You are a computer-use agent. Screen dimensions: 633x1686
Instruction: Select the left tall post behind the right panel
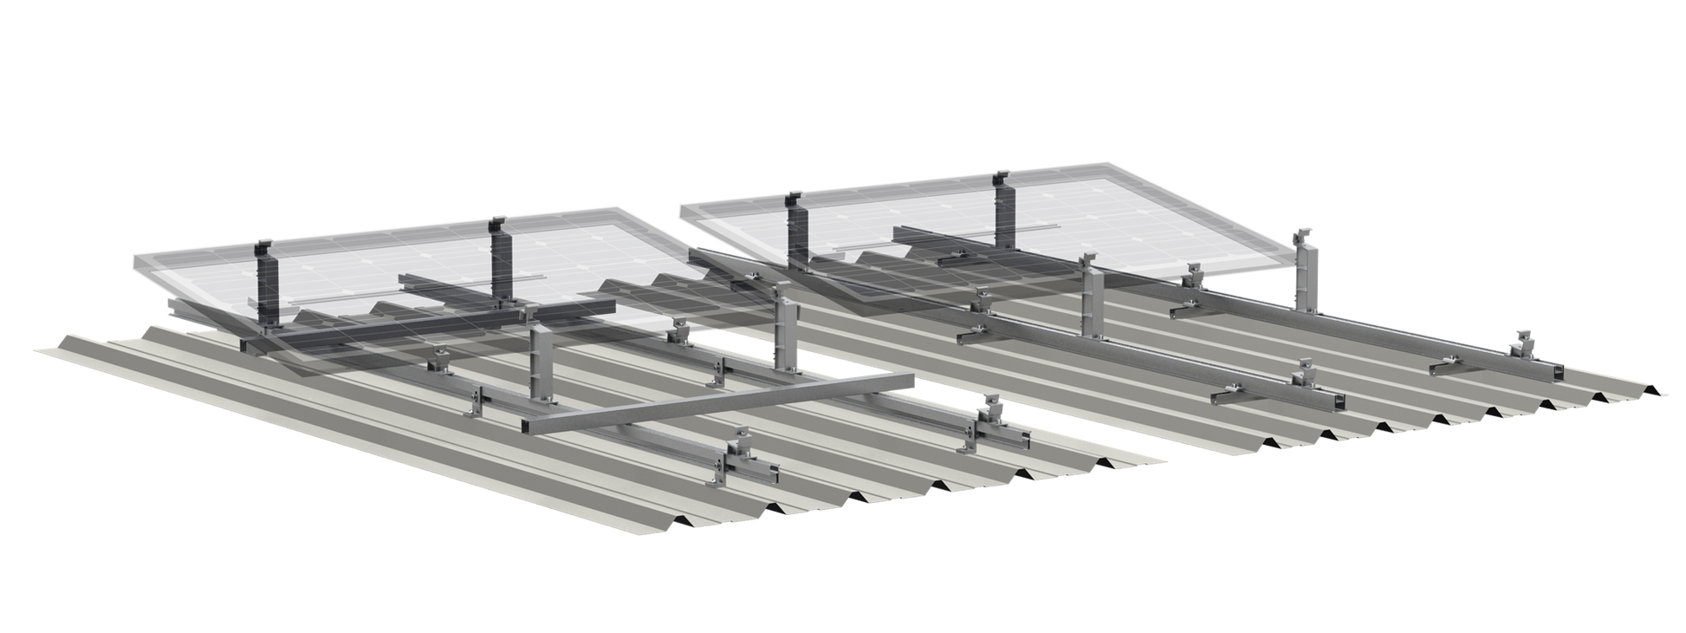pos(797,230)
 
